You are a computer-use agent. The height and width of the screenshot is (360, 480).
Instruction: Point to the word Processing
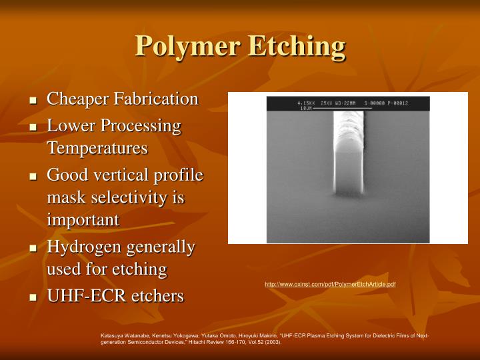coord(146,125)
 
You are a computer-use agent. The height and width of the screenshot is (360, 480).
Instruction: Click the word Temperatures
coord(97,148)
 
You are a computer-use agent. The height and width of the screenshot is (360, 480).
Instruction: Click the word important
coord(83,219)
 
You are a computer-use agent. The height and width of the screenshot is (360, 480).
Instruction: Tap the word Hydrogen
coord(79,247)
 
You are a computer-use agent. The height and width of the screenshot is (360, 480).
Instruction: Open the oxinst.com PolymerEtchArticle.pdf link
coord(330,285)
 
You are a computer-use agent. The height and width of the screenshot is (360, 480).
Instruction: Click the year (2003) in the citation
coord(271,342)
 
